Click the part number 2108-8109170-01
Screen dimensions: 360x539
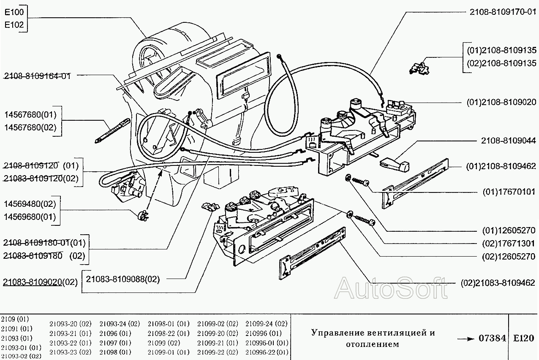pos(503,12)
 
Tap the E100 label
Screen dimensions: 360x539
pos(14,13)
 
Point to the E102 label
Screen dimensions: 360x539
pos(14,25)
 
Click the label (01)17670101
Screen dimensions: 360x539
pos(509,192)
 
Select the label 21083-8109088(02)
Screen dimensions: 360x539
pos(122,279)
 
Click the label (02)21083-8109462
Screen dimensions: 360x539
pos(498,283)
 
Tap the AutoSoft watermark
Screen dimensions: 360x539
pos(390,289)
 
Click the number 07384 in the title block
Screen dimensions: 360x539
pos(492,338)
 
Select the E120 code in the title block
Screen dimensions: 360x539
pos(523,338)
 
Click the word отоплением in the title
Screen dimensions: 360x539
pos(372,344)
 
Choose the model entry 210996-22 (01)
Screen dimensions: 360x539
pos(267,352)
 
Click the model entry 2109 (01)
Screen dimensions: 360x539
pos(15,319)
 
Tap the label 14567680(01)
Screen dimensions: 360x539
pos(30,115)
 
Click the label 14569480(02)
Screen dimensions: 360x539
pos(30,205)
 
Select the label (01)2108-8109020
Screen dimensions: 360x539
pos(501,102)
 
